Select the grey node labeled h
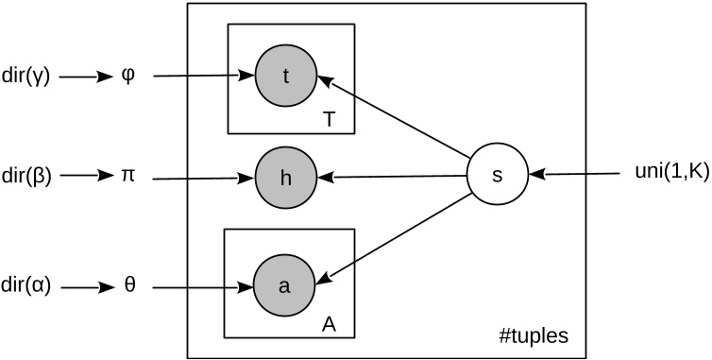286,177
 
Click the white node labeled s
499,176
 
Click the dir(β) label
27,177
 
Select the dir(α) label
27,283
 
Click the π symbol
130,177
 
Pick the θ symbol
130,283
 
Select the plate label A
330,323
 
